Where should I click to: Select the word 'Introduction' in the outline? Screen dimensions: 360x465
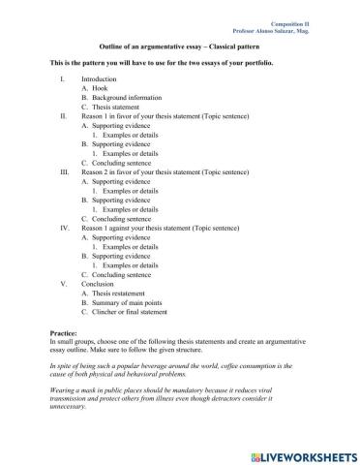click(x=99, y=78)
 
